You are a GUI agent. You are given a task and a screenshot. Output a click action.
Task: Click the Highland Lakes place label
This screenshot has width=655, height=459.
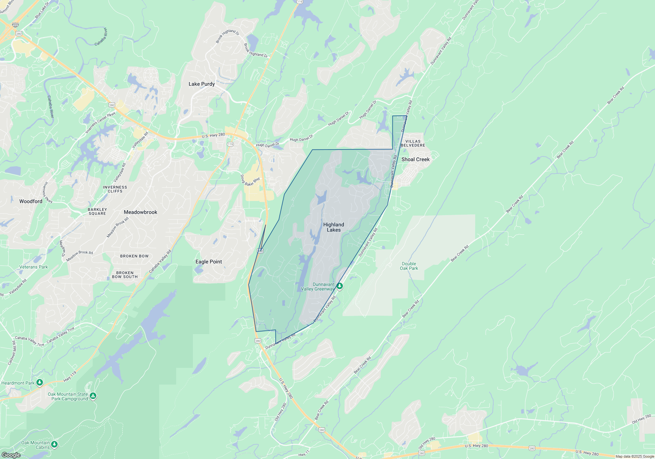tap(333, 227)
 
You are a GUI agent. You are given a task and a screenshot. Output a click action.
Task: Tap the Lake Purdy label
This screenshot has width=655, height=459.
tap(201, 84)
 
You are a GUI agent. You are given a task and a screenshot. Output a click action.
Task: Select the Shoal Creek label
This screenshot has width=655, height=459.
tap(415, 159)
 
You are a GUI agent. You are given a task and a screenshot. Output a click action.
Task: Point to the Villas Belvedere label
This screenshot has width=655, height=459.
tap(413, 143)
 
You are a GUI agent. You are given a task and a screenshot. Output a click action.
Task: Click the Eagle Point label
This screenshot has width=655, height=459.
tap(209, 262)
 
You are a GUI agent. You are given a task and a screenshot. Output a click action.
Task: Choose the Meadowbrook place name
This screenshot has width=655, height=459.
tap(140, 212)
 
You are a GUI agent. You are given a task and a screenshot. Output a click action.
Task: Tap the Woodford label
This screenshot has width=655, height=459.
tap(31, 201)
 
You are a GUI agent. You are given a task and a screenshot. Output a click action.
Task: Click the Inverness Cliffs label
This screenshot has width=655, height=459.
tap(115, 189)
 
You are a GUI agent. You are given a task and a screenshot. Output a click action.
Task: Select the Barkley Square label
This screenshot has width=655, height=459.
tap(97, 211)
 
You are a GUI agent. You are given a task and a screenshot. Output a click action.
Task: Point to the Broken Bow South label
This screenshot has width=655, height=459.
tap(125, 275)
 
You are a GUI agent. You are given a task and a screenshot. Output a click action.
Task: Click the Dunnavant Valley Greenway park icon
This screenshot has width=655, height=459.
tap(340, 286)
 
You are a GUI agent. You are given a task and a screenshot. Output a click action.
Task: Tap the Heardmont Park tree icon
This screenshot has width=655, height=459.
tap(40, 382)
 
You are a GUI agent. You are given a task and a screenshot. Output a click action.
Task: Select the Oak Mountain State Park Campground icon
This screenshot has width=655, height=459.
tap(93, 396)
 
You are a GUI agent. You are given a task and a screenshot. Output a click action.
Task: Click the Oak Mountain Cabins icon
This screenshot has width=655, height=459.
tap(54, 444)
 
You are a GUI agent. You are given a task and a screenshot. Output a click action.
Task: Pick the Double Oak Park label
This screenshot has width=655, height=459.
tap(409, 266)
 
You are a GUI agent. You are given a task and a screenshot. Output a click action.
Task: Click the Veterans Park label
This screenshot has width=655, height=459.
tap(33, 267)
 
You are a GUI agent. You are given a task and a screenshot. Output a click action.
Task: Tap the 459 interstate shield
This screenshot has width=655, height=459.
tap(15, 25)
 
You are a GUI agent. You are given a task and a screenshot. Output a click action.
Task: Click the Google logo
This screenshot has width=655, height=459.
tap(11, 455)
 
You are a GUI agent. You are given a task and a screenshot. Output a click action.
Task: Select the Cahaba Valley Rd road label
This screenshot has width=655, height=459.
tap(160, 261)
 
